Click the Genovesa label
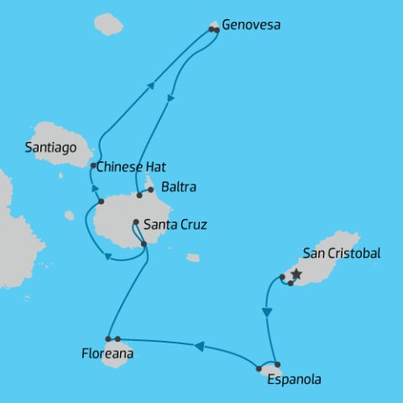pos(251,25)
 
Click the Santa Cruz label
pos(175,225)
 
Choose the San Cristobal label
pos(342,254)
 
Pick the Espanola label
pos(293,379)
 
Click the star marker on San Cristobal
pos(296,274)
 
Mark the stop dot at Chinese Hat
pos(92,166)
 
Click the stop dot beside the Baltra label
pos(150,190)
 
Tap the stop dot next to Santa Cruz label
pos(135,222)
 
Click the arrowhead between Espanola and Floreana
pos(200,345)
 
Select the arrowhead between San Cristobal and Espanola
pos(267,312)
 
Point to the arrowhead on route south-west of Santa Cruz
pos(108,257)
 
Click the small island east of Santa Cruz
pos(193,258)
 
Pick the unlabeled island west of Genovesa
pos(108,24)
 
